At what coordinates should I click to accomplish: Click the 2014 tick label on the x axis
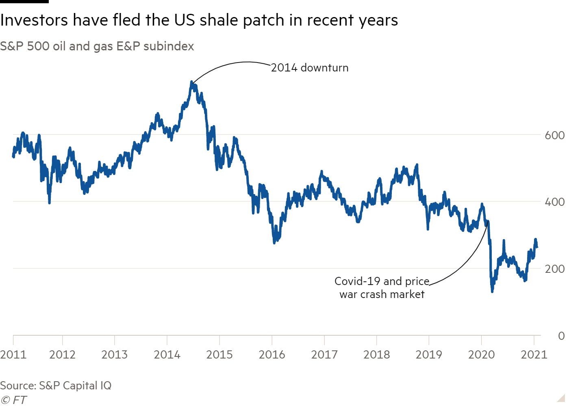167,354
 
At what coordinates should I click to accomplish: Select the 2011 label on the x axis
13,354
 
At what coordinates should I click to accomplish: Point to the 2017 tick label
324,354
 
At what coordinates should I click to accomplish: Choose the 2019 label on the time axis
429,354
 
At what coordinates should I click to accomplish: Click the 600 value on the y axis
554,135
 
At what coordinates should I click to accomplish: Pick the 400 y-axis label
554,202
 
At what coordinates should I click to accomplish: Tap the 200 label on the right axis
554,269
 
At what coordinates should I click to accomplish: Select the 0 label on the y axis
561,336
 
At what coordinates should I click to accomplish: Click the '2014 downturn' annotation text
310,67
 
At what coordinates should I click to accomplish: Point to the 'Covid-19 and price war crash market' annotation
382,287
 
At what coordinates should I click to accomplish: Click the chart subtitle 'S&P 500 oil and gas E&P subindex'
97,46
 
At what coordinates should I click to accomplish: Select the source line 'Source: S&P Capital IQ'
56,385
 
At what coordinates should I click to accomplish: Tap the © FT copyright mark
13,400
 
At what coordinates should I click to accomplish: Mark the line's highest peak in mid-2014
192,82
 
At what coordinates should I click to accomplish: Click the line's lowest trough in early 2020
492,291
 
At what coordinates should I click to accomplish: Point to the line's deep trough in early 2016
275,242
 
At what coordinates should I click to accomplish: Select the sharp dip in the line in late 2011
50,202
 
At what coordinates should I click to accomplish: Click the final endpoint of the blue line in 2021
537,247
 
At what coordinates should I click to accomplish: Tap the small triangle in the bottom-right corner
561,398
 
